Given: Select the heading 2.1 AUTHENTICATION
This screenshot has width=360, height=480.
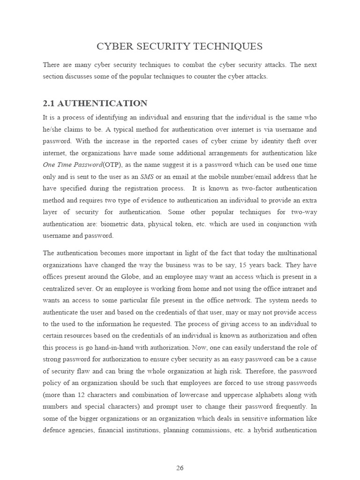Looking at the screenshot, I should (95, 104).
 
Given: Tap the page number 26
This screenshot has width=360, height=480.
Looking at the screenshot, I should (180, 454).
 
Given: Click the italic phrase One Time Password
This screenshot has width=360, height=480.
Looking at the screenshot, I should (72, 165).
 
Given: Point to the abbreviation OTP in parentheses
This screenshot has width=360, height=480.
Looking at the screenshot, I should (110, 165).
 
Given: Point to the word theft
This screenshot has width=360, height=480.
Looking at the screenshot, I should (290, 141).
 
